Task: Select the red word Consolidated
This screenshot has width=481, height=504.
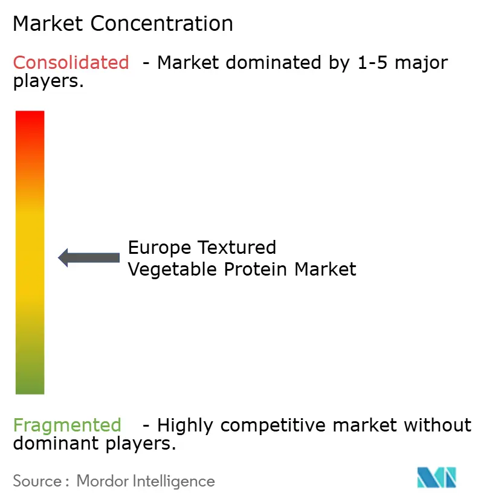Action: click(71, 62)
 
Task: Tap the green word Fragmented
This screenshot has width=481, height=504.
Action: click(67, 425)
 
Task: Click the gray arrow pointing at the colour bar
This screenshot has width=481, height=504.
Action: click(89, 257)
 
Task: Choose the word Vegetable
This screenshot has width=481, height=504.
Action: click(173, 269)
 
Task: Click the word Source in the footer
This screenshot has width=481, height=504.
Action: click(37, 481)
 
